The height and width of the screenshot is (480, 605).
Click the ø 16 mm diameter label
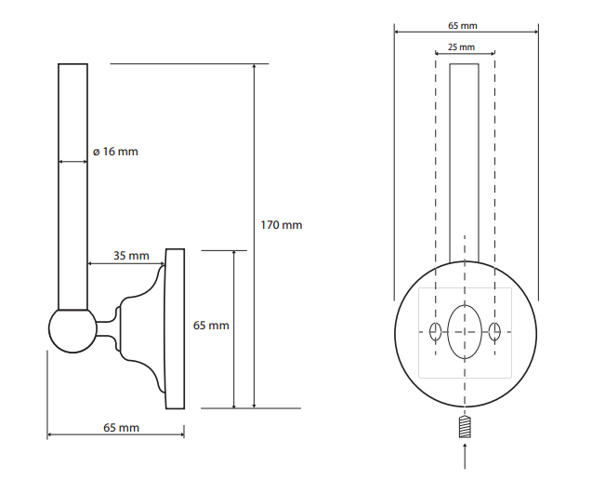point(115,151)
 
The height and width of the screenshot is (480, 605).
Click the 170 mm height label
point(281,225)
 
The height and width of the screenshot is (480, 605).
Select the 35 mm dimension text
point(131,255)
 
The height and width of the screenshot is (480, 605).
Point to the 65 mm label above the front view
point(463,25)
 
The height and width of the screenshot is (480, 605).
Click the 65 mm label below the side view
point(121,427)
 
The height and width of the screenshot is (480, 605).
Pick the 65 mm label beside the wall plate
point(210,326)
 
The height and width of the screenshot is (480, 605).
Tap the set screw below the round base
point(464,429)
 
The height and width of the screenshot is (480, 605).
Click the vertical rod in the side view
point(73,186)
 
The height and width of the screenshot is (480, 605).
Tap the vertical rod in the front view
point(464,167)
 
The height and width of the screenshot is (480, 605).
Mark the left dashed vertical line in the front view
point(434,186)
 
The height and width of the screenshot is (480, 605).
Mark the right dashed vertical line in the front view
point(494,186)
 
